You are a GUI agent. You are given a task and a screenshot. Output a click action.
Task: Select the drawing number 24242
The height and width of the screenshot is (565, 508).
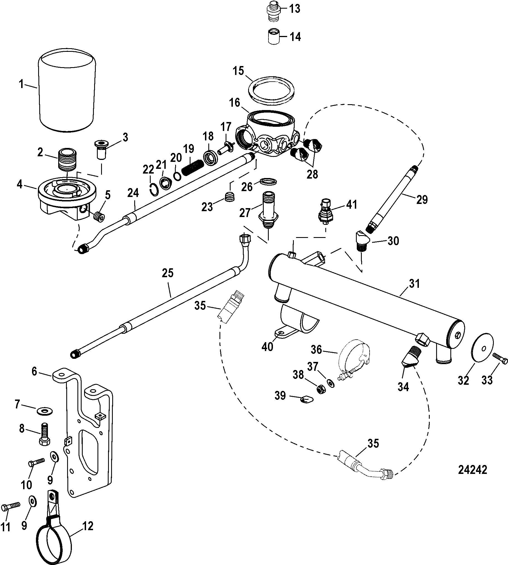(x=473, y=470)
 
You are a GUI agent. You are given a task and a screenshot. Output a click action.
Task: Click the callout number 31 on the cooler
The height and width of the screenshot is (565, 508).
(x=414, y=284)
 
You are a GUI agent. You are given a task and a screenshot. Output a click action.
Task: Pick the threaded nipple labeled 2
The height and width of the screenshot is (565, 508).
(x=67, y=160)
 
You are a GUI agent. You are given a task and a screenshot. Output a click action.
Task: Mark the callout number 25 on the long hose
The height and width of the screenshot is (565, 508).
(x=168, y=273)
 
